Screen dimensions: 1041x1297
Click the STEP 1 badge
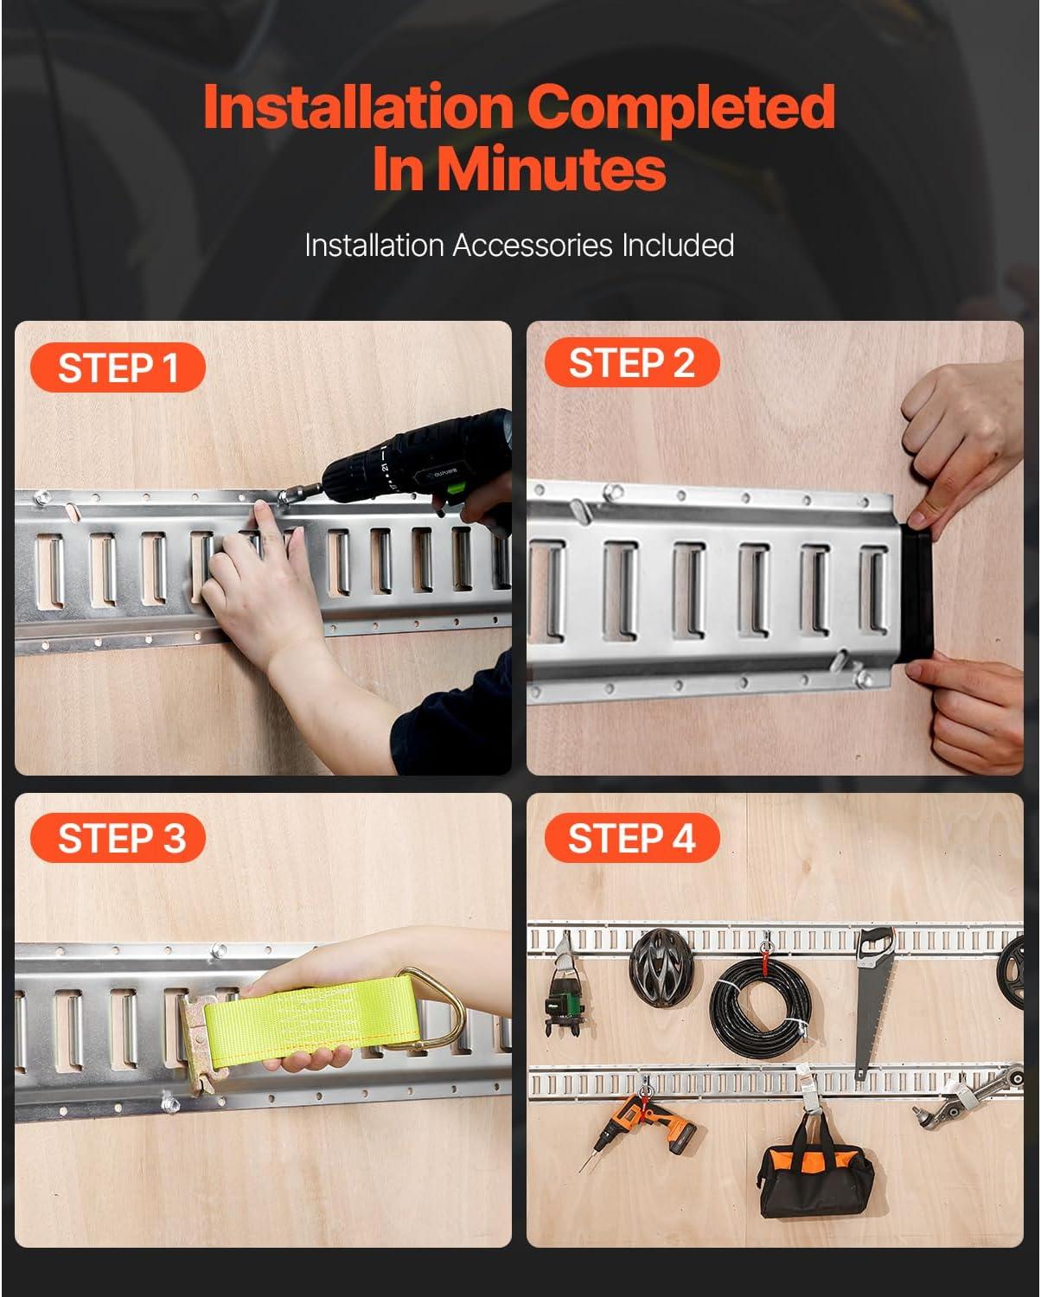pyautogui.click(x=118, y=367)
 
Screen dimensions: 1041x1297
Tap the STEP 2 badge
pyautogui.click(x=632, y=362)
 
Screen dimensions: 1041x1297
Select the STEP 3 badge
pyautogui.click(x=118, y=838)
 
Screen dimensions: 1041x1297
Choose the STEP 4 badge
pyautogui.click(x=632, y=838)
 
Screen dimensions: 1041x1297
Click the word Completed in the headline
pyautogui.click(x=681, y=107)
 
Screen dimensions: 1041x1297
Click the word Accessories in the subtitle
pyautogui.click(x=533, y=246)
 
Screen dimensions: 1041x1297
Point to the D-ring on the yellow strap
pyautogui.click(x=432, y=1009)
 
